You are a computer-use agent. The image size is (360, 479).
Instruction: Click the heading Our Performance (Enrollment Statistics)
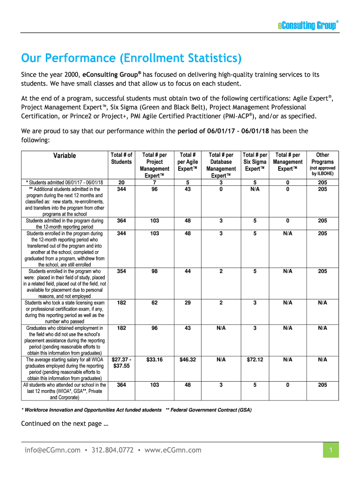[132, 59]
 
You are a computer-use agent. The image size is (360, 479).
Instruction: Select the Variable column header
[65, 156]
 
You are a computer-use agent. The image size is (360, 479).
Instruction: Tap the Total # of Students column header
[121, 158]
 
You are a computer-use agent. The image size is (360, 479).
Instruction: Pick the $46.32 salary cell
[187, 360]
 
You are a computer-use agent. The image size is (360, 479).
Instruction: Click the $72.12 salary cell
[255, 360]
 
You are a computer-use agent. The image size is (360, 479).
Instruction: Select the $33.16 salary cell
[154, 360]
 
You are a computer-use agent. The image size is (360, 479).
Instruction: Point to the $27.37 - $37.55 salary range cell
[121, 363]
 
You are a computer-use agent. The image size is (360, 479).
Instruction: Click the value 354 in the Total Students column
[121, 271]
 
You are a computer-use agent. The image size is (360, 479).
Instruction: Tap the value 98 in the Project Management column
[154, 271]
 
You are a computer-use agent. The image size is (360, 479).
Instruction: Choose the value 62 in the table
[154, 303]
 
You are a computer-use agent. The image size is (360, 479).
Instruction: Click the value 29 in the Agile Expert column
[187, 303]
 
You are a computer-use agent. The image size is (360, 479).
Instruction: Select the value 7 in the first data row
[154, 182]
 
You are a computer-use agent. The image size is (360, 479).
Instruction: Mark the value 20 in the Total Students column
[121, 182]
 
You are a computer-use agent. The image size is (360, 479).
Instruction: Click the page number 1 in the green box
[331, 450]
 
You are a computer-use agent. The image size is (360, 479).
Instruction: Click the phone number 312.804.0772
[112, 450]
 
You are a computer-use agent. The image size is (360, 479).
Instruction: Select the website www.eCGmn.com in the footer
[173, 450]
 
